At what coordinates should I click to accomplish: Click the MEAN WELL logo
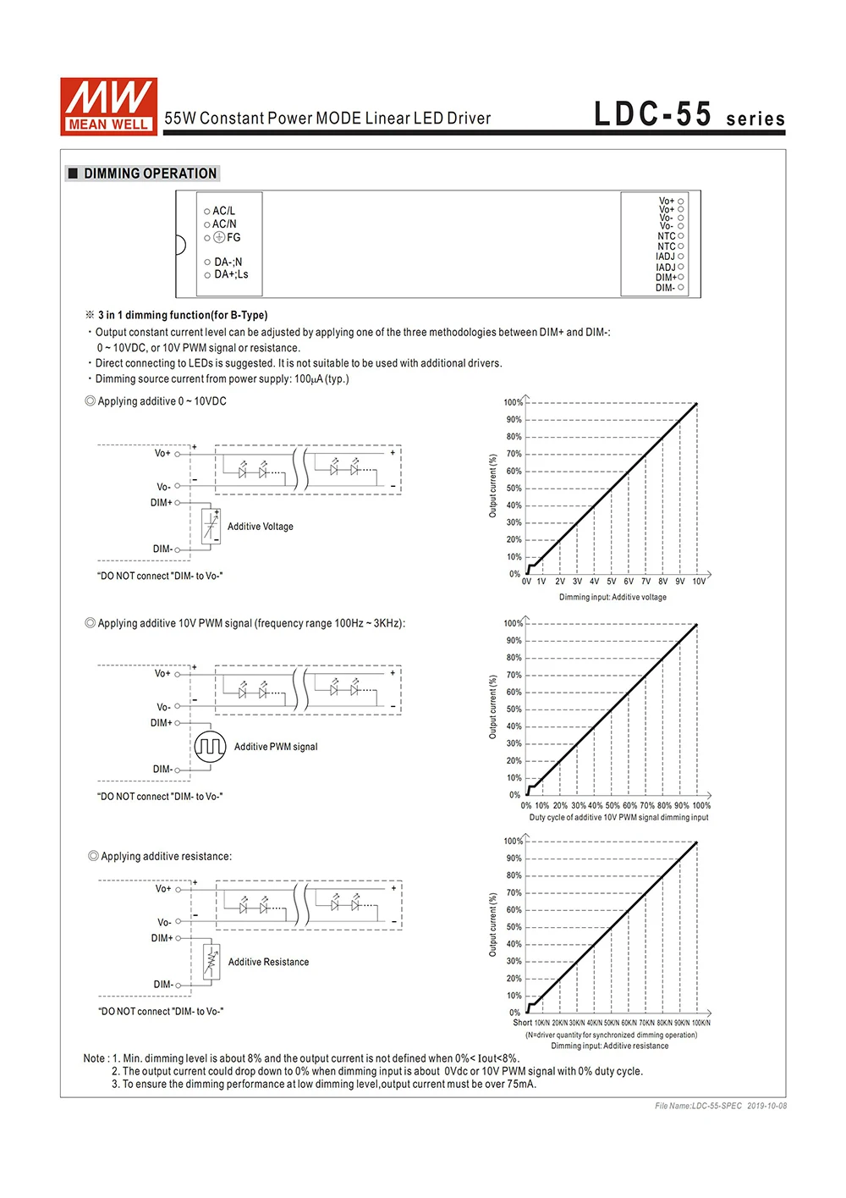tap(108, 106)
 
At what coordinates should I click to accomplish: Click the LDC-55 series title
tap(689, 114)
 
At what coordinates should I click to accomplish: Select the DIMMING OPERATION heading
tap(150, 174)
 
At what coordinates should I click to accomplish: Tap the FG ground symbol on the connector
tap(219, 238)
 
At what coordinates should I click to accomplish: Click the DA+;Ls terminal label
tap(231, 274)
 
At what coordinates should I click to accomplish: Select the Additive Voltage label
tap(260, 527)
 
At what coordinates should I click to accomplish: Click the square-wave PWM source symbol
tap(210, 746)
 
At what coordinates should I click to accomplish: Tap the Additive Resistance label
tap(268, 962)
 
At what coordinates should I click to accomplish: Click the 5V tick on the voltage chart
tap(611, 582)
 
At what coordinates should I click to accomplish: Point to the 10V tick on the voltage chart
tap(699, 582)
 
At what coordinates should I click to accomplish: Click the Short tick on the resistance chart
tap(522, 1023)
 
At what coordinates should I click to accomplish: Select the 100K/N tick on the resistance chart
tap(700, 1023)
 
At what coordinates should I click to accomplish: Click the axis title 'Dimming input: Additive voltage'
tap(613, 597)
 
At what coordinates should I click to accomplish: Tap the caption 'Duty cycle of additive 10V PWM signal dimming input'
tap(618, 817)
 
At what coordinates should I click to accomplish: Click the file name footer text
tap(720, 1106)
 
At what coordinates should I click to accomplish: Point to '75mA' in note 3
tap(522, 1084)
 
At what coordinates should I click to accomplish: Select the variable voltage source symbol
tap(211, 526)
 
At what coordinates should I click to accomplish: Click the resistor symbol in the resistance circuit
tap(211, 961)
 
